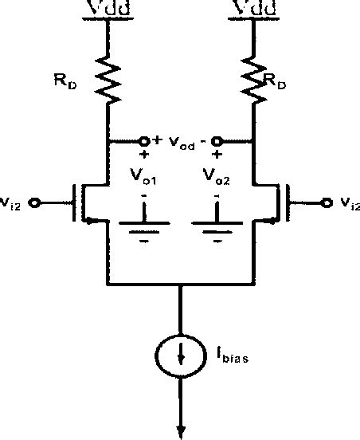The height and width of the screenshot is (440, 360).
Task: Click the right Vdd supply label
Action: pyautogui.click(x=254, y=10)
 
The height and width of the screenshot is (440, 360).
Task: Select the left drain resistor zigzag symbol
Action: pyautogui.click(x=107, y=80)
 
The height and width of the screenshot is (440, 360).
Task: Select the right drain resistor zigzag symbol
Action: pyautogui.click(x=254, y=80)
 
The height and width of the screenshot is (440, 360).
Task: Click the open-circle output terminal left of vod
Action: pyautogui.click(x=145, y=141)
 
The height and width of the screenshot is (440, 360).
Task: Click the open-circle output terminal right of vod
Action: pyautogui.click(x=214, y=141)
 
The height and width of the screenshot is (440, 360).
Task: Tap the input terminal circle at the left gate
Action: pyautogui.click(x=34, y=202)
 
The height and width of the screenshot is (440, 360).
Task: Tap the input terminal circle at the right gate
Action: pyautogui.click(x=324, y=202)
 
